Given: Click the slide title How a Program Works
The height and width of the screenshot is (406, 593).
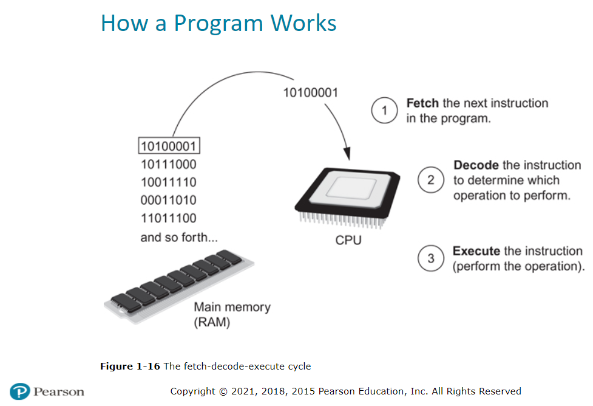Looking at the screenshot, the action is (x=219, y=23).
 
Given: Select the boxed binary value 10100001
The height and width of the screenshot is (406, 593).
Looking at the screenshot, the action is (x=169, y=146).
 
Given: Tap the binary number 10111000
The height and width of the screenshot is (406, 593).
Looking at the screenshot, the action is (x=168, y=164).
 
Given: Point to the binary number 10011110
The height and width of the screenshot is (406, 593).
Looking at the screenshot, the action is (x=168, y=182).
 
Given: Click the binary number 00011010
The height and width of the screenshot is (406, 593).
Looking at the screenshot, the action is (x=168, y=200).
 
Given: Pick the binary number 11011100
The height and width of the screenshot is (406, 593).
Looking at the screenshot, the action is (x=168, y=218).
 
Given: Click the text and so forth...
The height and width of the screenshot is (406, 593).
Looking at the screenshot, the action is (x=178, y=237).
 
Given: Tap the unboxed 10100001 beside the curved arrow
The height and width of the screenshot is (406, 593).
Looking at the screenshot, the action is (x=311, y=93).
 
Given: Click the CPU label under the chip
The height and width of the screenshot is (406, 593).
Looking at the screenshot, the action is (x=348, y=241).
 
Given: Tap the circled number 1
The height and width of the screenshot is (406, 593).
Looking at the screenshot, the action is (x=384, y=111).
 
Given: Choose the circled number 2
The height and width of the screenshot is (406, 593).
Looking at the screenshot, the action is (x=431, y=181).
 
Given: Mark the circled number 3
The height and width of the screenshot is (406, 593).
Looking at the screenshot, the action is (x=431, y=258).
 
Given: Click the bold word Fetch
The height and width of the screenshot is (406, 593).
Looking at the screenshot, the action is (x=422, y=103).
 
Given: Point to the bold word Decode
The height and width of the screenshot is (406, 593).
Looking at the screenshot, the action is (x=476, y=165).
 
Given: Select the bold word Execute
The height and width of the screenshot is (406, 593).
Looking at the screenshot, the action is (x=476, y=251).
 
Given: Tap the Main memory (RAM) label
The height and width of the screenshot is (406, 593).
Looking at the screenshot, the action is (x=232, y=314).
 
